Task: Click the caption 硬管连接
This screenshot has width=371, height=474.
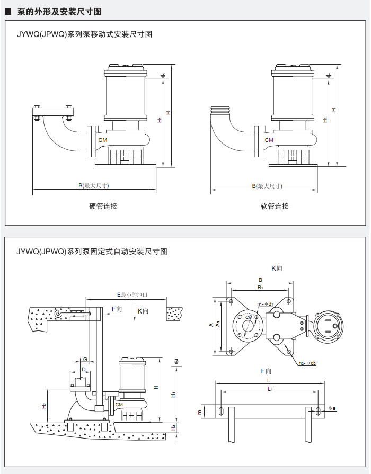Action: pyautogui.click(x=103, y=206)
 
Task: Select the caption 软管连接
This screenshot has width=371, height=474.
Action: pyautogui.click(x=275, y=206)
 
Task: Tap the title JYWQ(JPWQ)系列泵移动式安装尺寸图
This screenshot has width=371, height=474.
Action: pyautogui.click(x=85, y=34)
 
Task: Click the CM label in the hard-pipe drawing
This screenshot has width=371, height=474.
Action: pyautogui.click(x=103, y=140)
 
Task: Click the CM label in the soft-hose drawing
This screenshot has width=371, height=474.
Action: pyautogui.click(x=269, y=140)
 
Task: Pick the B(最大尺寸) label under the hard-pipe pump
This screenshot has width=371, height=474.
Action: pyautogui.click(x=94, y=185)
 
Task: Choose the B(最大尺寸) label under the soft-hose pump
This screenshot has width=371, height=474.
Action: pyautogui.click(x=267, y=185)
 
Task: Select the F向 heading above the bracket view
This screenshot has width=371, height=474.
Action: pyautogui.click(x=266, y=371)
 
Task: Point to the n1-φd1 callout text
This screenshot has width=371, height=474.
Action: pyautogui.click(x=265, y=305)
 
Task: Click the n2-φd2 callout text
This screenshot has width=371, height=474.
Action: pyautogui.click(x=307, y=363)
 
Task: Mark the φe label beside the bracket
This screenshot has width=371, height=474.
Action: pyautogui.click(x=333, y=408)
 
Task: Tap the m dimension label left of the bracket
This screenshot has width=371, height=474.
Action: pyautogui.click(x=200, y=412)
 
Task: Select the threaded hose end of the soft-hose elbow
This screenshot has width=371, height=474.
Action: pyautogui.click(x=221, y=110)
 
